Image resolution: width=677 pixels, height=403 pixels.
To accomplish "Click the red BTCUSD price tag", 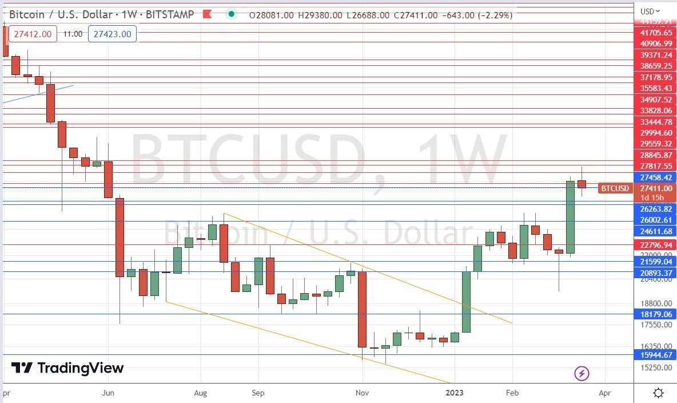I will (615, 188).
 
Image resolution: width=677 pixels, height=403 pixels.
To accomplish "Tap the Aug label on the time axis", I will (201, 393).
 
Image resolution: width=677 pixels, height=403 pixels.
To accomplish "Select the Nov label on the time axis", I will (362, 393).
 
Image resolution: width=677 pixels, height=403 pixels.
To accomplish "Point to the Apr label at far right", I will (604, 393).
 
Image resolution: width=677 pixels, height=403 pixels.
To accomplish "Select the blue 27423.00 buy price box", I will (112, 34).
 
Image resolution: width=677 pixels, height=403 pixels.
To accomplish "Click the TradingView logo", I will (67, 368).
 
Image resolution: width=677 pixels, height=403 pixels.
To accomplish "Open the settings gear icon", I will (658, 393).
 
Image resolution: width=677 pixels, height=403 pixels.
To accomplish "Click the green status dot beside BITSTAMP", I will (231, 15).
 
